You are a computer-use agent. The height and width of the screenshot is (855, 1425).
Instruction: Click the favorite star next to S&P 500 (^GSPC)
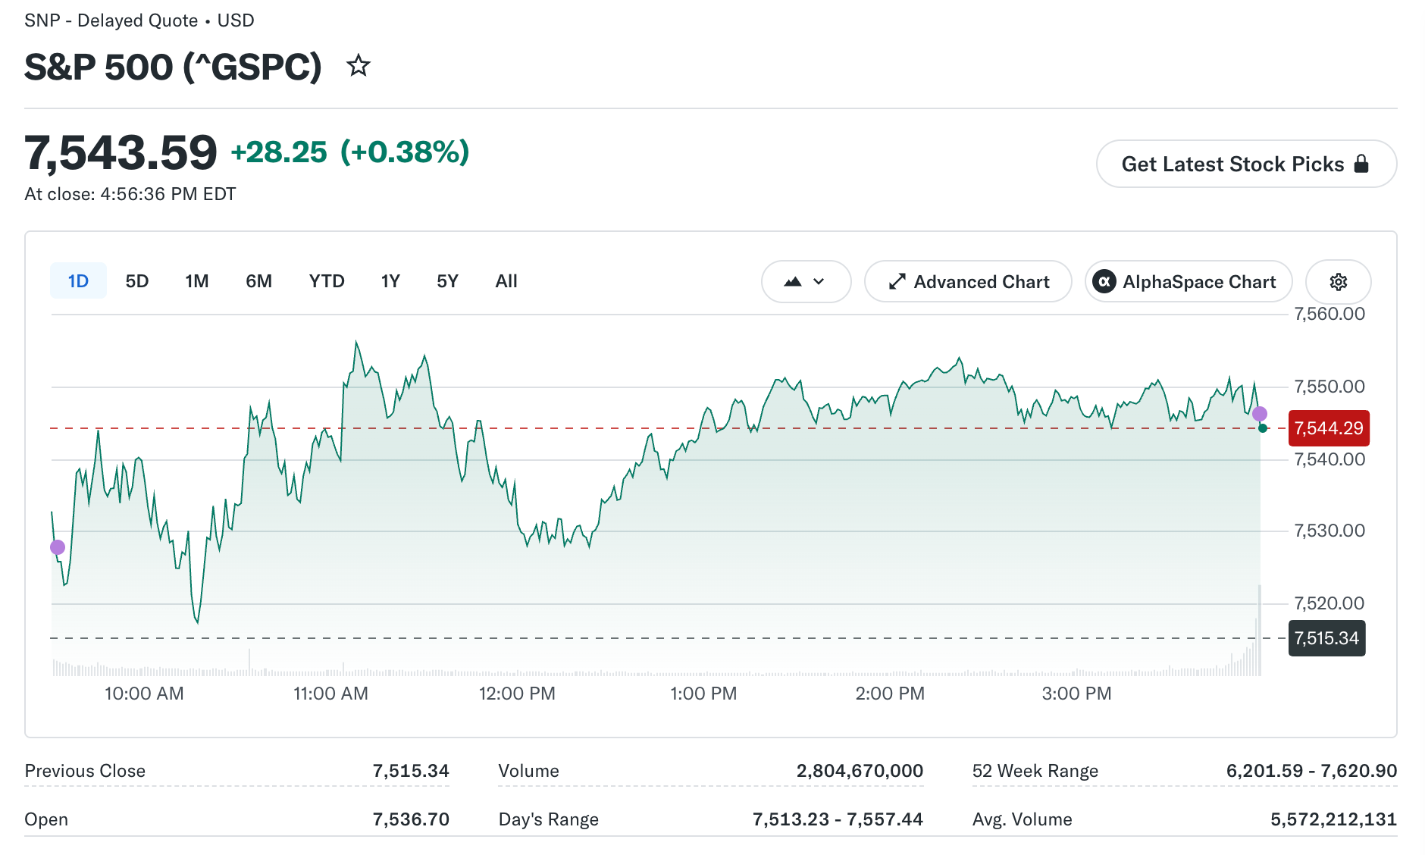coord(358,66)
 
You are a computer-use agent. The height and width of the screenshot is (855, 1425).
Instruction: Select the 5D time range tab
coord(137,281)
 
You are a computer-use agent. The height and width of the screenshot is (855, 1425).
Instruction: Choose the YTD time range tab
coord(327,281)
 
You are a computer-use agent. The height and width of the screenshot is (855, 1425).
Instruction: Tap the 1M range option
coord(197,281)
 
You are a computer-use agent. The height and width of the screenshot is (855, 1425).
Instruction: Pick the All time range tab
coord(506,281)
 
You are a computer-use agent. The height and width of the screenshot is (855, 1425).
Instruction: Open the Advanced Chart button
coord(968,281)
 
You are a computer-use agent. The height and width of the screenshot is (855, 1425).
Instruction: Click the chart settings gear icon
coord(1339,281)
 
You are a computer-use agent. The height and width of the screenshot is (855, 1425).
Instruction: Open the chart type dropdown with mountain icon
coord(806,281)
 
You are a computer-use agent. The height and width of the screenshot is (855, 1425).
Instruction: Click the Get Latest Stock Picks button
coord(1246,164)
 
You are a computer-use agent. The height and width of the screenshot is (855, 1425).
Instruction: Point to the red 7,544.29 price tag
coord(1329,428)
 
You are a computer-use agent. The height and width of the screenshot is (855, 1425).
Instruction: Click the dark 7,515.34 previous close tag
coord(1326,638)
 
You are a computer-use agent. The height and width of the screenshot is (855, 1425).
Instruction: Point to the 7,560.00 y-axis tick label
coord(1329,314)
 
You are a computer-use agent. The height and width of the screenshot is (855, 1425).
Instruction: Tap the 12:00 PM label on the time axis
coord(517,694)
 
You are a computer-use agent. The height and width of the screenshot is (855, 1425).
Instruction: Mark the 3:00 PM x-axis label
coord(1076,694)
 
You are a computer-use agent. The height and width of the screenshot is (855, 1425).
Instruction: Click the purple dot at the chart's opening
coord(58,547)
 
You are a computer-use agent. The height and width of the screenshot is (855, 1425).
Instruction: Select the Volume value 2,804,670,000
coord(860,771)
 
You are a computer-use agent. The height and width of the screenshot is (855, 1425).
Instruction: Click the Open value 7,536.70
coord(411,819)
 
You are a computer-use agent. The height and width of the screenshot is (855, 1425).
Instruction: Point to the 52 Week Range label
coord(1035,771)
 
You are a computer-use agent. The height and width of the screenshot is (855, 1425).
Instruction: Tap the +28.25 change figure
coord(279,152)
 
